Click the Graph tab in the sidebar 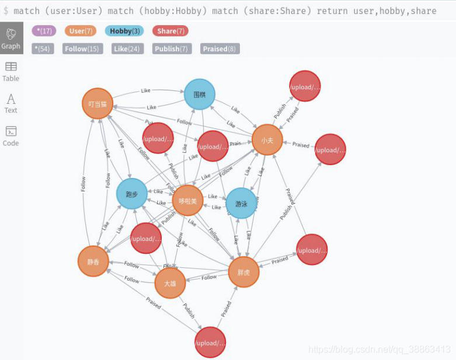tap(11, 38)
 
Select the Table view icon tap(11, 71)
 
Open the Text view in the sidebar tap(11, 103)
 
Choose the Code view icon tap(11, 135)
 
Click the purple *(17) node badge tap(44, 31)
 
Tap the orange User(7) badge tap(81, 31)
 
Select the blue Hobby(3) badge tap(124, 31)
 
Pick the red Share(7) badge tap(170, 31)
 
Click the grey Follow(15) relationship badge tap(75, 49)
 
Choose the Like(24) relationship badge tap(127, 49)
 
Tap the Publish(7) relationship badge tap(171, 49)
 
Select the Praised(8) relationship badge tap(220, 49)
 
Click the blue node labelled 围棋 tap(200, 94)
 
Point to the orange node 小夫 tap(267, 140)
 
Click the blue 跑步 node tap(132, 194)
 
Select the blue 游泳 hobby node tap(241, 203)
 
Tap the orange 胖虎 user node tap(243, 272)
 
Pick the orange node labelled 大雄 tap(170, 283)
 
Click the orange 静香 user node tap(93, 261)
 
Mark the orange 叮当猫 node tap(98, 104)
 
